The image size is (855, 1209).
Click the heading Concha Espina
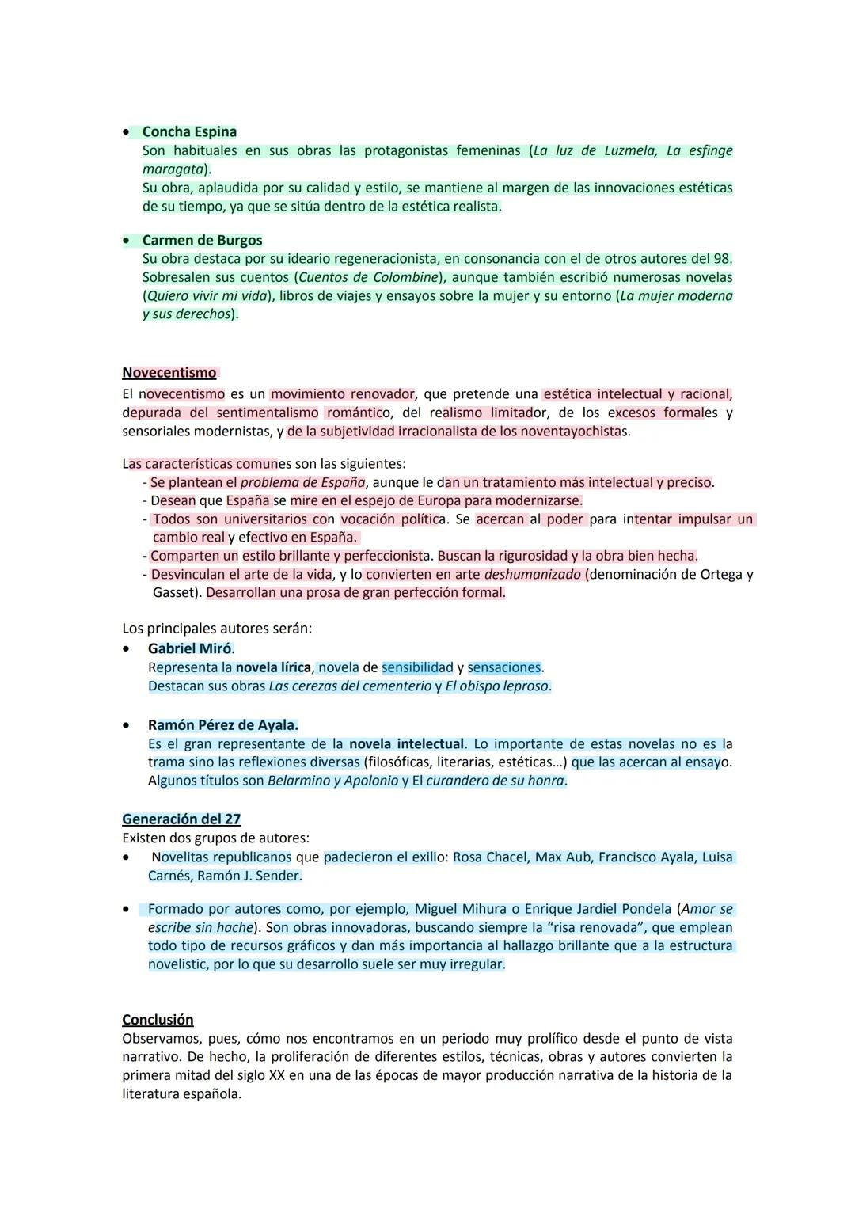click(x=189, y=132)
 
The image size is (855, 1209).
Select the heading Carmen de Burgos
click(x=202, y=241)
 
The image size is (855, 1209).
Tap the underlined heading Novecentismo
click(x=169, y=373)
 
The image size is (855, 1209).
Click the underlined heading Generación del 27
click(x=181, y=819)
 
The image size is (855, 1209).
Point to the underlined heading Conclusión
click(x=158, y=1020)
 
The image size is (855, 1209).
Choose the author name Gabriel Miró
click(x=191, y=648)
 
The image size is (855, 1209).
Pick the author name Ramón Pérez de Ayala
click(x=222, y=725)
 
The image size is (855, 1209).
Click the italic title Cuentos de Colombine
click(x=368, y=278)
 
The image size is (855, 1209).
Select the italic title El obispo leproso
click(x=496, y=686)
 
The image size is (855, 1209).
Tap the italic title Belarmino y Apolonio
click(x=332, y=781)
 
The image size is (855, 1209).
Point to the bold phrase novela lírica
click(x=273, y=668)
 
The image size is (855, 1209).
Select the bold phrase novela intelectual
click(x=406, y=744)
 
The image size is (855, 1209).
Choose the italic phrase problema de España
click(x=302, y=483)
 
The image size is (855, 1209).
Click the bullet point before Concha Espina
click(x=126, y=132)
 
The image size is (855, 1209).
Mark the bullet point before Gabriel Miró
click(x=126, y=648)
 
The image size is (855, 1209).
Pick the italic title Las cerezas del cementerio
click(x=350, y=686)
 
